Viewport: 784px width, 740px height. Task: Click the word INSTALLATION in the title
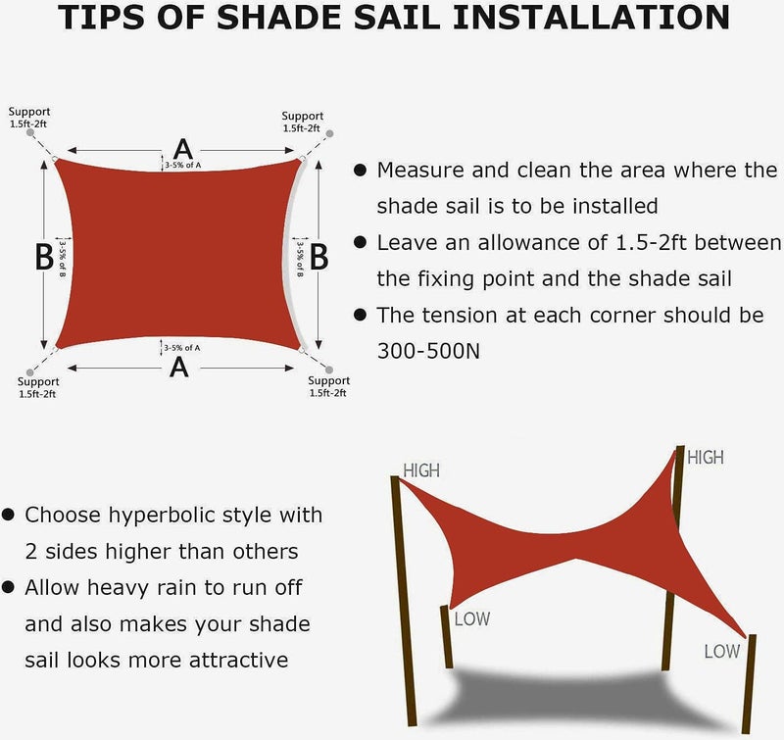point(591,17)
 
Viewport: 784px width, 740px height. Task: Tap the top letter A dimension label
point(183,150)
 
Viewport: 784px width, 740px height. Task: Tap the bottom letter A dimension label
point(179,368)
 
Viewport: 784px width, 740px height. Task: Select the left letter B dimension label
point(44,257)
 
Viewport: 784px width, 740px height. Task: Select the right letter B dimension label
point(319,257)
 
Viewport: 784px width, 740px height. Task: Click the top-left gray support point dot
point(30,132)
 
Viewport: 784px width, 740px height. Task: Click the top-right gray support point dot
point(329,133)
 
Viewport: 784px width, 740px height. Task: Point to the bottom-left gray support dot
point(30,372)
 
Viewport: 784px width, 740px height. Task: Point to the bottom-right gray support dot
point(329,370)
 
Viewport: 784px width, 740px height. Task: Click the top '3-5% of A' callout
point(183,165)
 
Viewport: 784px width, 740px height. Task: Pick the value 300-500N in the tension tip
point(428,351)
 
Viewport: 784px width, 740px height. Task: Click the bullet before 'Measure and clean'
point(360,170)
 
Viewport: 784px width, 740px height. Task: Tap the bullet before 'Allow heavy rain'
point(8,587)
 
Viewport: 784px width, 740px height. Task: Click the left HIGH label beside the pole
point(421,470)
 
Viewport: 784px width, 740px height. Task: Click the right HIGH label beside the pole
point(706,457)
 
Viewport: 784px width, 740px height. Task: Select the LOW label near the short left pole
point(472,619)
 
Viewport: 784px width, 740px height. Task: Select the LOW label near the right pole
point(722,651)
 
